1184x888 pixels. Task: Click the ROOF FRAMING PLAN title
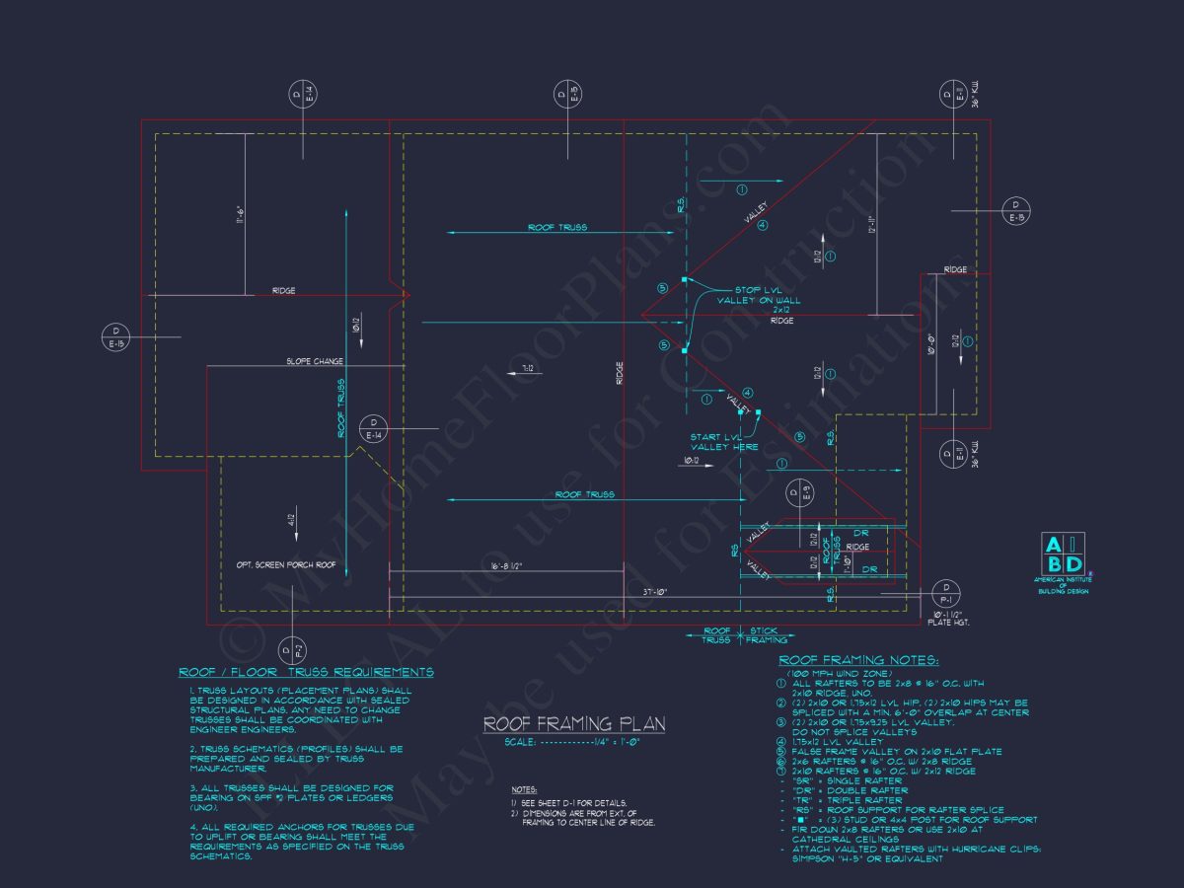573,724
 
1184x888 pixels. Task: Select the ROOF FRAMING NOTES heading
858,660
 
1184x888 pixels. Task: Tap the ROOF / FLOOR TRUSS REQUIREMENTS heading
306,672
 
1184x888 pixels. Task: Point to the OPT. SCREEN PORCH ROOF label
286,565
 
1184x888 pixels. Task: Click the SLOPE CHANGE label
315,361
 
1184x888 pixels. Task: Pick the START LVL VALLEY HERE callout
725,441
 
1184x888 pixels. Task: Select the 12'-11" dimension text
871,225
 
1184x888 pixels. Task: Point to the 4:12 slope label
292,520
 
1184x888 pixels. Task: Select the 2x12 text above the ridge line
781,310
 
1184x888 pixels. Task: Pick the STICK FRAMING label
765,634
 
